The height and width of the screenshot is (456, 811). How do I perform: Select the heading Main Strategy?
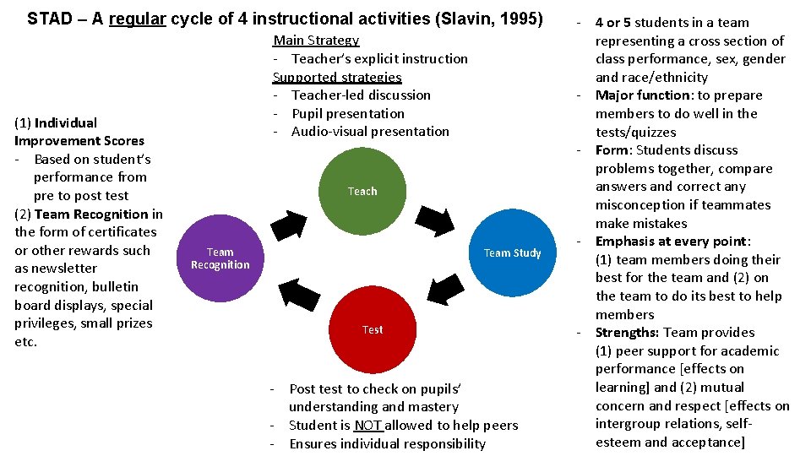tap(316, 41)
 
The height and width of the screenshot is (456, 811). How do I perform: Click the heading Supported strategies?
tap(337, 77)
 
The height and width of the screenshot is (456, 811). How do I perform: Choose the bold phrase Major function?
tap(642, 95)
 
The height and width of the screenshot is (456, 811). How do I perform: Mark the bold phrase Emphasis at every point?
tap(673, 242)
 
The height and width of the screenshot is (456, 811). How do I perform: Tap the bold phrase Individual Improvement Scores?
tap(79, 132)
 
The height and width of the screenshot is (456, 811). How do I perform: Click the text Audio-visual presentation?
tap(370, 132)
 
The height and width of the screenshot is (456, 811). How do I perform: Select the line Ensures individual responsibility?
tap(388, 444)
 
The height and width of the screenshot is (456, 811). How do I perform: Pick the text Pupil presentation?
tap(348, 113)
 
